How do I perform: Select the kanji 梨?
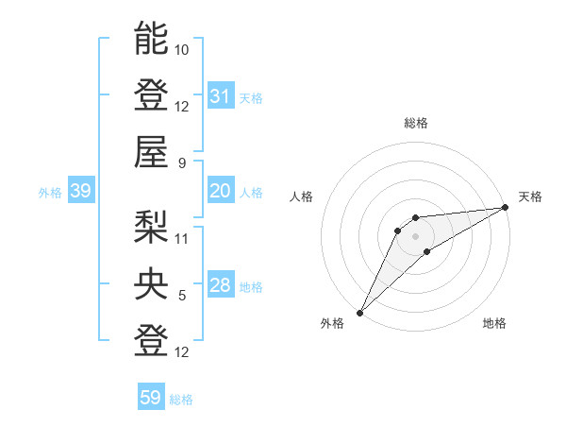[x=151, y=225]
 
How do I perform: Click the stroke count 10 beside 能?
[x=182, y=48]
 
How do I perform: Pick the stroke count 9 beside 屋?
[x=182, y=162]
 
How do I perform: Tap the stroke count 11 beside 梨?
[x=182, y=237]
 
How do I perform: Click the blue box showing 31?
[x=221, y=95]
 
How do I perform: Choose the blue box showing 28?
[x=221, y=286]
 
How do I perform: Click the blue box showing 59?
[x=151, y=398]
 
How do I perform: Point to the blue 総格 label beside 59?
[x=181, y=400]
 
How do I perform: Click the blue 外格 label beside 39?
[x=50, y=193]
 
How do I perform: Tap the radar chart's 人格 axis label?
[x=302, y=196]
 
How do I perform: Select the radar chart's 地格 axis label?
[x=494, y=323]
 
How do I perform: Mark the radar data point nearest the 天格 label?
[x=506, y=207]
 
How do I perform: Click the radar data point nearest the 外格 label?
[x=359, y=312]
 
